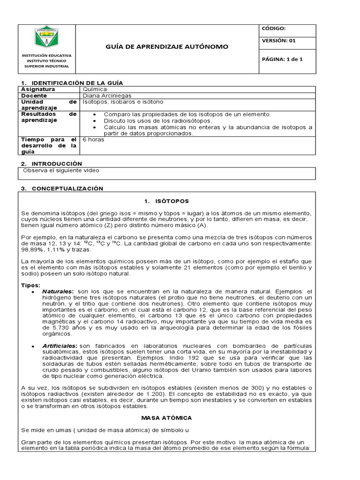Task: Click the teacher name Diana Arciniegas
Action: point(107,95)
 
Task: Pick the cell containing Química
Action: point(95,89)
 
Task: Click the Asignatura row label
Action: point(38,89)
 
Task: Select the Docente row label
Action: point(34,95)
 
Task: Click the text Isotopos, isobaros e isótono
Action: point(123,102)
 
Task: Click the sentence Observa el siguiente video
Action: point(61,171)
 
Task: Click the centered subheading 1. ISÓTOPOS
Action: point(166,201)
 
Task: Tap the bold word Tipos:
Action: point(31,285)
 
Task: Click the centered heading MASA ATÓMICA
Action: point(166,417)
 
